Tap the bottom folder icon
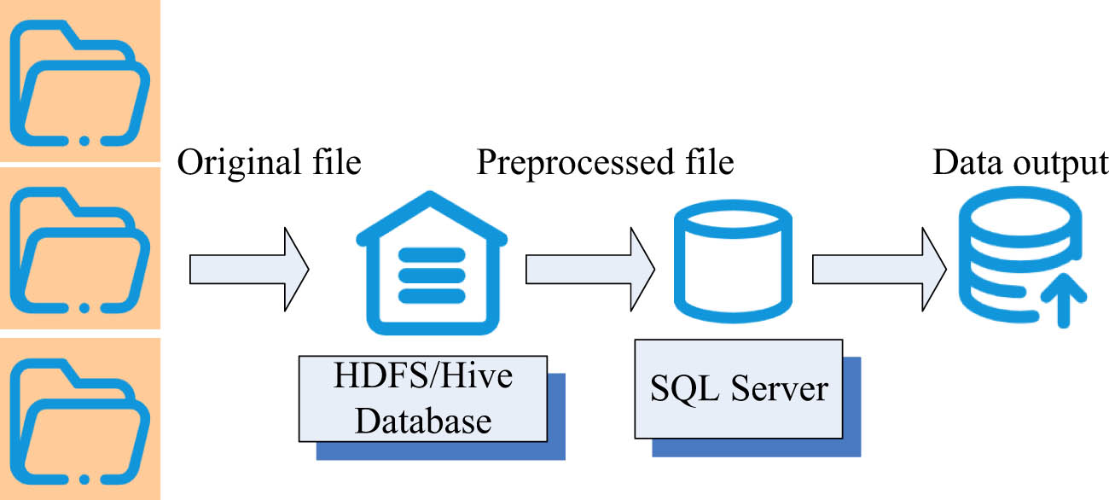click(80, 418)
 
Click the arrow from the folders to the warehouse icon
click(248, 270)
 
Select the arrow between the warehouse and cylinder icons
click(589, 270)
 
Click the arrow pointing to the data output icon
click(879, 270)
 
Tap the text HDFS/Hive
click(423, 376)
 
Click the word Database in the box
click(423, 420)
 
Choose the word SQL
click(678, 389)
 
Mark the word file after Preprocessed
click(705, 162)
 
